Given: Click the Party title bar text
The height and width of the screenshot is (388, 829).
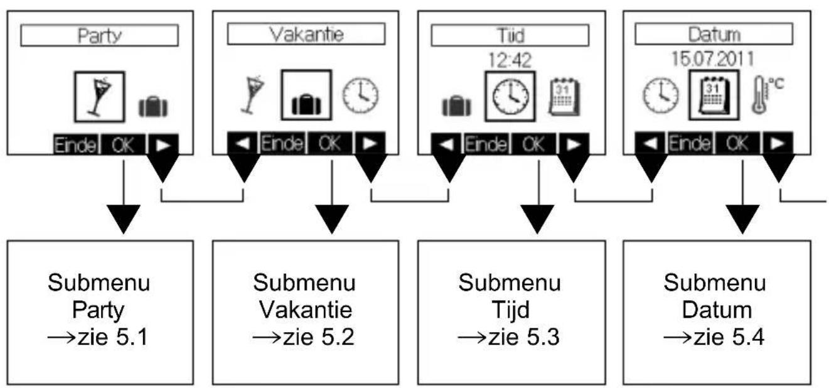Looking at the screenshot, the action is (100, 36).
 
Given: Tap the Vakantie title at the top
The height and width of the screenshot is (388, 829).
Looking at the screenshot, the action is (306, 35).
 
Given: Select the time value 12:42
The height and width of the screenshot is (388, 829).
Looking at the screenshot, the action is (510, 60).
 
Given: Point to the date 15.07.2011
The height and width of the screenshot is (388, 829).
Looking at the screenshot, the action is (713, 58).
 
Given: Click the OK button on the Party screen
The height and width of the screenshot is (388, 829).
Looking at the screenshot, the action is (123, 144).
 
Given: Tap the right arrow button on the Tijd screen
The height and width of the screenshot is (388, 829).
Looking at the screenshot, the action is (574, 144).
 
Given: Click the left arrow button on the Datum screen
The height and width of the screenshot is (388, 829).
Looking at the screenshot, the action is (651, 143).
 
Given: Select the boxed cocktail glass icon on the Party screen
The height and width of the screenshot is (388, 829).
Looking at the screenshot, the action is (100, 97).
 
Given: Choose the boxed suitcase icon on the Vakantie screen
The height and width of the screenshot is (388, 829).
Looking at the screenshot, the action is (306, 95).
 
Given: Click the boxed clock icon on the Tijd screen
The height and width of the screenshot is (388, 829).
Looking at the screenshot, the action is (510, 96).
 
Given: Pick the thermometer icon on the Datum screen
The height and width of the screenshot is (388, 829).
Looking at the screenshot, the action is (767, 95).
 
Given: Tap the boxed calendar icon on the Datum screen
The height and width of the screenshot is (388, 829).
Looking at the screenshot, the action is (714, 95).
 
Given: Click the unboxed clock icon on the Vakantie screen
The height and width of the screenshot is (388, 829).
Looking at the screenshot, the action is (360, 95).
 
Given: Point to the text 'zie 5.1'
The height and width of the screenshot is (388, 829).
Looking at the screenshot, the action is (112, 337).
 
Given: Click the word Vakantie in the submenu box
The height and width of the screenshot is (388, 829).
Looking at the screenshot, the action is (306, 310).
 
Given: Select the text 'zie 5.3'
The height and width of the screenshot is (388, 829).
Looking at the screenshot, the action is (523, 337).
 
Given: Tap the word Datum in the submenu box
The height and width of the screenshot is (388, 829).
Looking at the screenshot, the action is (717, 310).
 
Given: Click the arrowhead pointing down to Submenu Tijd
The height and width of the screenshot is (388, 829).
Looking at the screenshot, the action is (537, 219).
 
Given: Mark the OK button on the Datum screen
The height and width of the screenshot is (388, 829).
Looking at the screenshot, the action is (737, 143).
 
